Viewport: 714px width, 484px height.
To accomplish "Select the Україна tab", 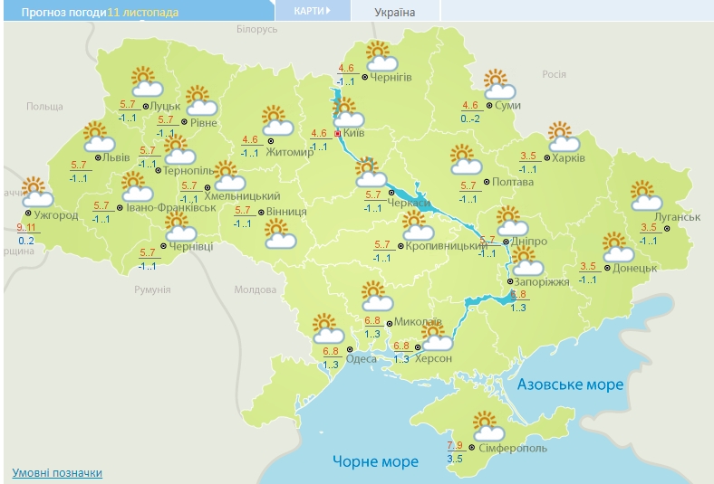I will coord(395,12).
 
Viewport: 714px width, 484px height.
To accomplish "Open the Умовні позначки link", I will coord(57,472).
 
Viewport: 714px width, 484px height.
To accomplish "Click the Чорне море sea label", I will coord(375,461).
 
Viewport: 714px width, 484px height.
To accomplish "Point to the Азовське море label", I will coord(570,384).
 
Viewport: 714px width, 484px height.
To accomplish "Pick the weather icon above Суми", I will coord(498,85).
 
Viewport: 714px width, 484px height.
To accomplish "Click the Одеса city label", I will coord(362,358).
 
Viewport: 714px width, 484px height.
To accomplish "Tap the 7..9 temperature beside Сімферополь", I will coord(458,445).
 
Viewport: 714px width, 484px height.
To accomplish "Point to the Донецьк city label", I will coord(634,268).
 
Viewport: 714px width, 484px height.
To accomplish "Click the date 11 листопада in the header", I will coord(143,12).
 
